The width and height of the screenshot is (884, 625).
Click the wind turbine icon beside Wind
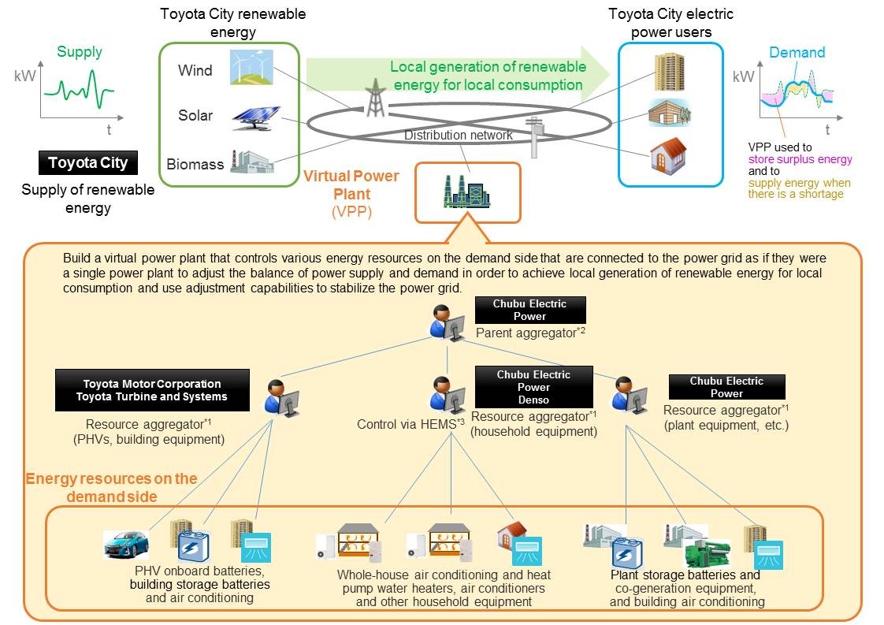pyautogui.click(x=251, y=67)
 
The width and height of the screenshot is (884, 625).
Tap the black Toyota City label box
pyautogui.click(x=87, y=163)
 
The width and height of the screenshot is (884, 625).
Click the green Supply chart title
pyautogui.click(x=80, y=52)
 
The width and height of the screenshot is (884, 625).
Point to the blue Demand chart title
pyautogui.click(x=797, y=53)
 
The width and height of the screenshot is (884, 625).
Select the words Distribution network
pyautogui.click(x=458, y=136)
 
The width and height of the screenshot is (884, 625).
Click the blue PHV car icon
pyautogui.click(x=126, y=544)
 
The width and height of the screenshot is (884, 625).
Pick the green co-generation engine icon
pyautogui.click(x=707, y=552)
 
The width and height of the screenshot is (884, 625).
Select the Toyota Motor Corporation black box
pyautogui.click(x=151, y=390)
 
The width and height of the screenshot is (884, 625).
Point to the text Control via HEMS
pyautogui.click(x=407, y=425)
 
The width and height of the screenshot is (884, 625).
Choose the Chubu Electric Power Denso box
pyautogui.click(x=533, y=387)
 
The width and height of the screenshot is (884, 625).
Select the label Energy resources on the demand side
pyautogui.click(x=111, y=488)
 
